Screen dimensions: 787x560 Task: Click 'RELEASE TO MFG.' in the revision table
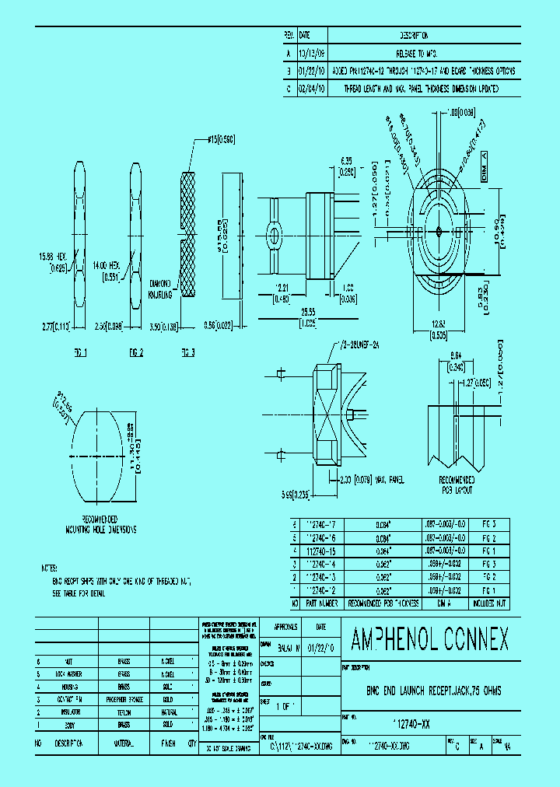tap(414, 54)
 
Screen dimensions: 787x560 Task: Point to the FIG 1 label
tap(79, 352)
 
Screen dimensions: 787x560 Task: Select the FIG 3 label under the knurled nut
tap(187, 352)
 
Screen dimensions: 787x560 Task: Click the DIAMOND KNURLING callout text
tap(163, 289)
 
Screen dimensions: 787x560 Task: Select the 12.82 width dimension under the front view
tap(440, 327)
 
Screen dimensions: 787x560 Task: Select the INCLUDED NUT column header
tap(492, 602)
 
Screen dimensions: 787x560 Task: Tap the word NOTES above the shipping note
tap(50, 568)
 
